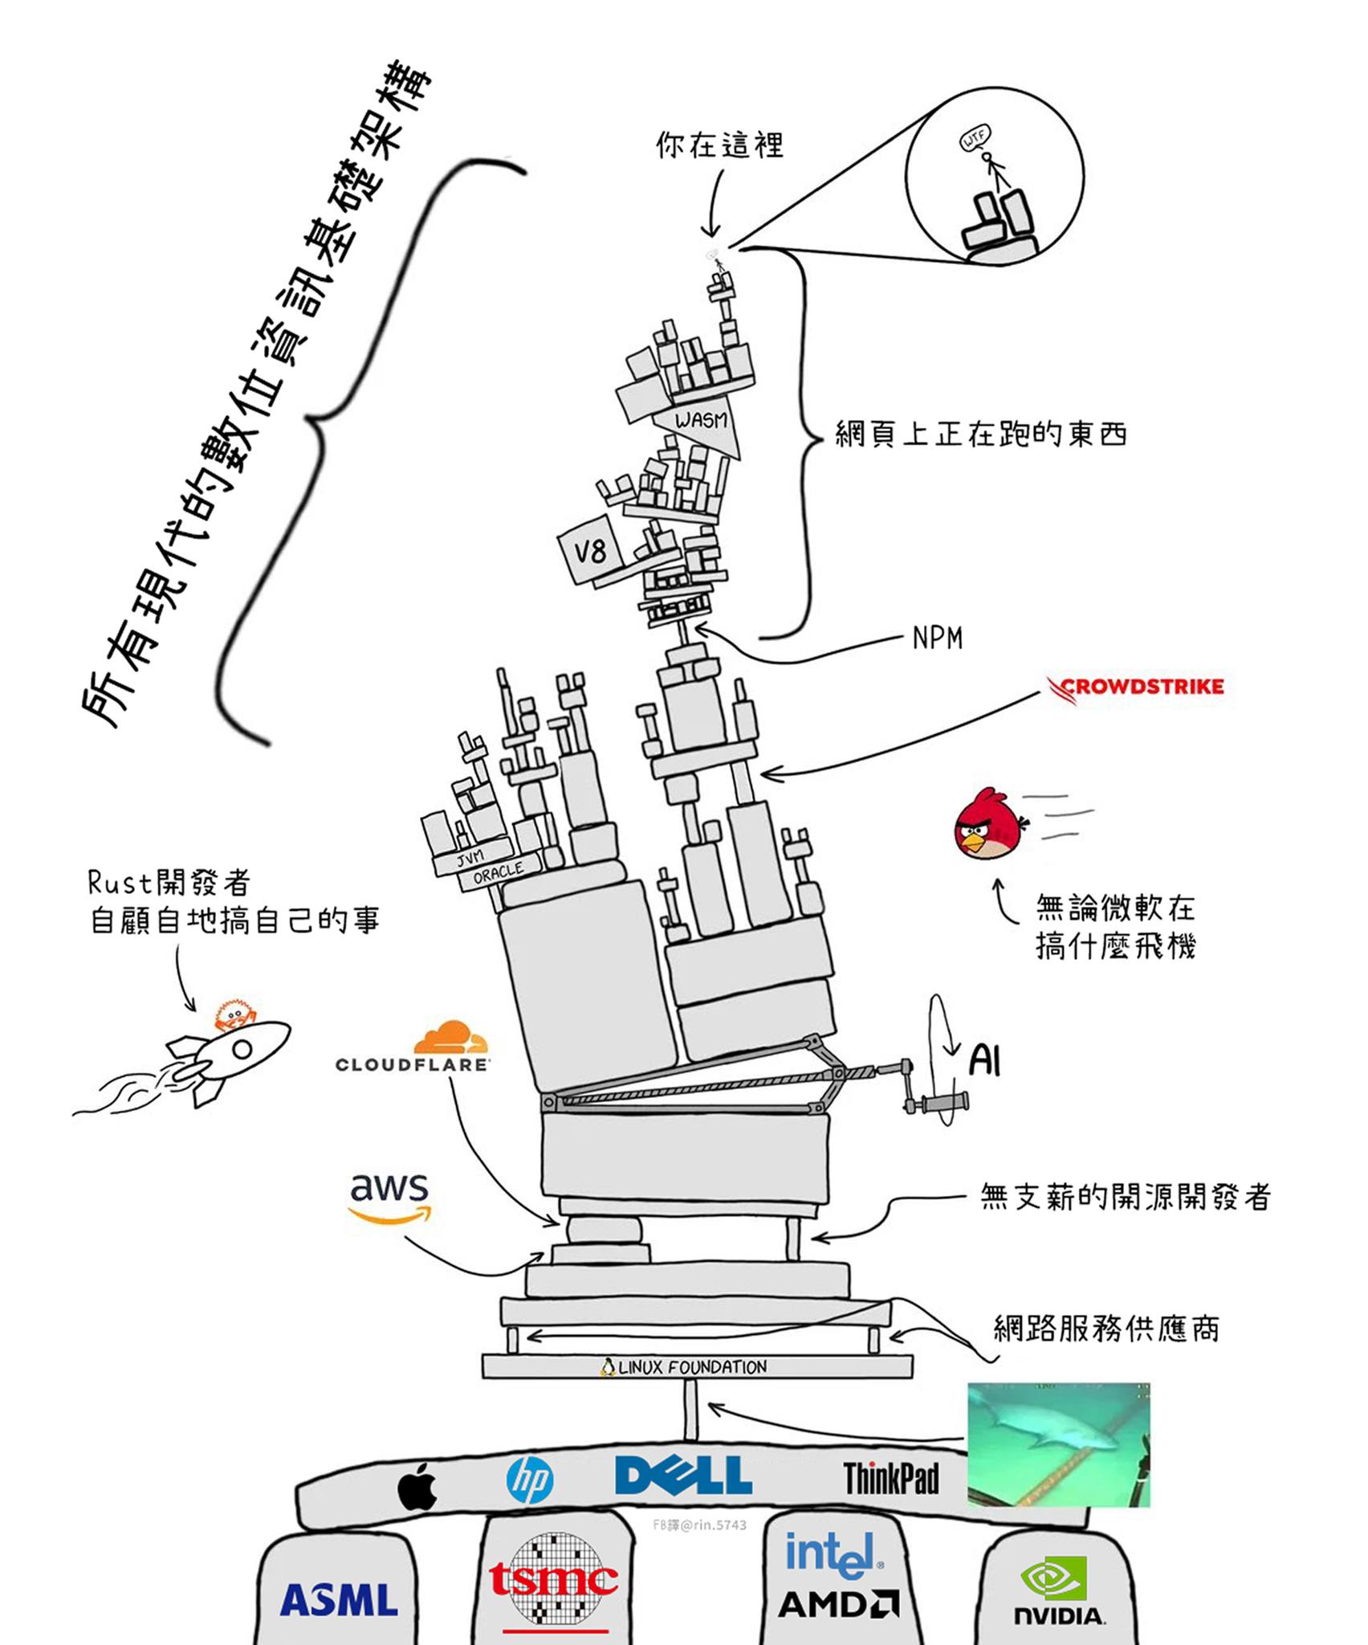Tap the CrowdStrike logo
tap(1135, 688)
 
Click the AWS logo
tap(390, 1196)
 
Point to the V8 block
tap(591, 551)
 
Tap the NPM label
tap(937, 639)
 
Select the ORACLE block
tap(499, 871)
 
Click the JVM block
tap(471, 856)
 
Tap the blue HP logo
tap(530, 1480)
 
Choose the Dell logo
tap(683, 1476)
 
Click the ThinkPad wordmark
tap(890, 1478)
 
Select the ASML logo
tap(339, 1599)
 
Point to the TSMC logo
tap(554, 1579)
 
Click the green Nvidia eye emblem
tap(1053, 1578)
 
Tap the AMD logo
tap(837, 1604)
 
